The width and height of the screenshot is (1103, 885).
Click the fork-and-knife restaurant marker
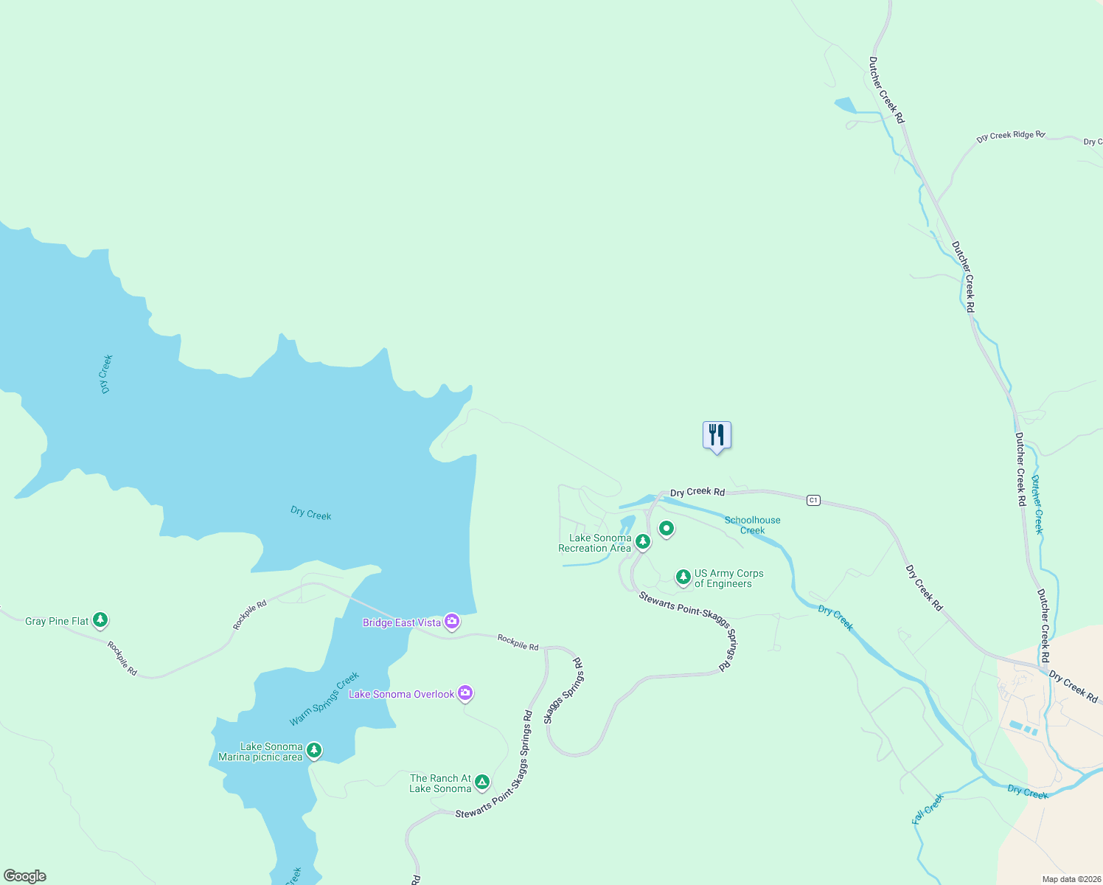tap(717, 435)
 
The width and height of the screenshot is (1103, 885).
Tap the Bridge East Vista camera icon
tap(453, 622)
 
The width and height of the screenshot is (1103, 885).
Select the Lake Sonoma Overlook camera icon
tap(464, 693)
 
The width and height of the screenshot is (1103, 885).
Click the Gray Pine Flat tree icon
tap(100, 620)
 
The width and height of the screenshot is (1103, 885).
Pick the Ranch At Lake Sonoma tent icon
tap(481, 782)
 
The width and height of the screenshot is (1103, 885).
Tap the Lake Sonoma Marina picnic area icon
tap(314, 750)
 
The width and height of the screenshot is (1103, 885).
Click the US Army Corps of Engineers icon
tap(683, 577)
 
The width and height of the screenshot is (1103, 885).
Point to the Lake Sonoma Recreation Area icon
tap(643, 542)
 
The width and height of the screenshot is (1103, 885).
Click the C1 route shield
tap(813, 500)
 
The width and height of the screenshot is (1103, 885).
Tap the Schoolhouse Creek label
tap(752, 525)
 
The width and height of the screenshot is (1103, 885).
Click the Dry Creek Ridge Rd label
tap(1010, 136)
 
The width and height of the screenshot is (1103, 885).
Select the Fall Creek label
tap(928, 809)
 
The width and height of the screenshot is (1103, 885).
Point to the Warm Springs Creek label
tap(324, 698)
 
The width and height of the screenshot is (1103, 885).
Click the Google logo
tap(25, 876)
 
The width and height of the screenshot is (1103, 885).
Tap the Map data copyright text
tap(1069, 879)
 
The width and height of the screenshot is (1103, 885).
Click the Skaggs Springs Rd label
tap(565, 691)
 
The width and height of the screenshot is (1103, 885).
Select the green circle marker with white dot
tap(667, 528)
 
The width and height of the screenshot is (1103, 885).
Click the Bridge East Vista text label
tap(402, 623)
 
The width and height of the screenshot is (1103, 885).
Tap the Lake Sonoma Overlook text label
tap(402, 694)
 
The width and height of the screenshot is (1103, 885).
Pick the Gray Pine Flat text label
tap(57, 622)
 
